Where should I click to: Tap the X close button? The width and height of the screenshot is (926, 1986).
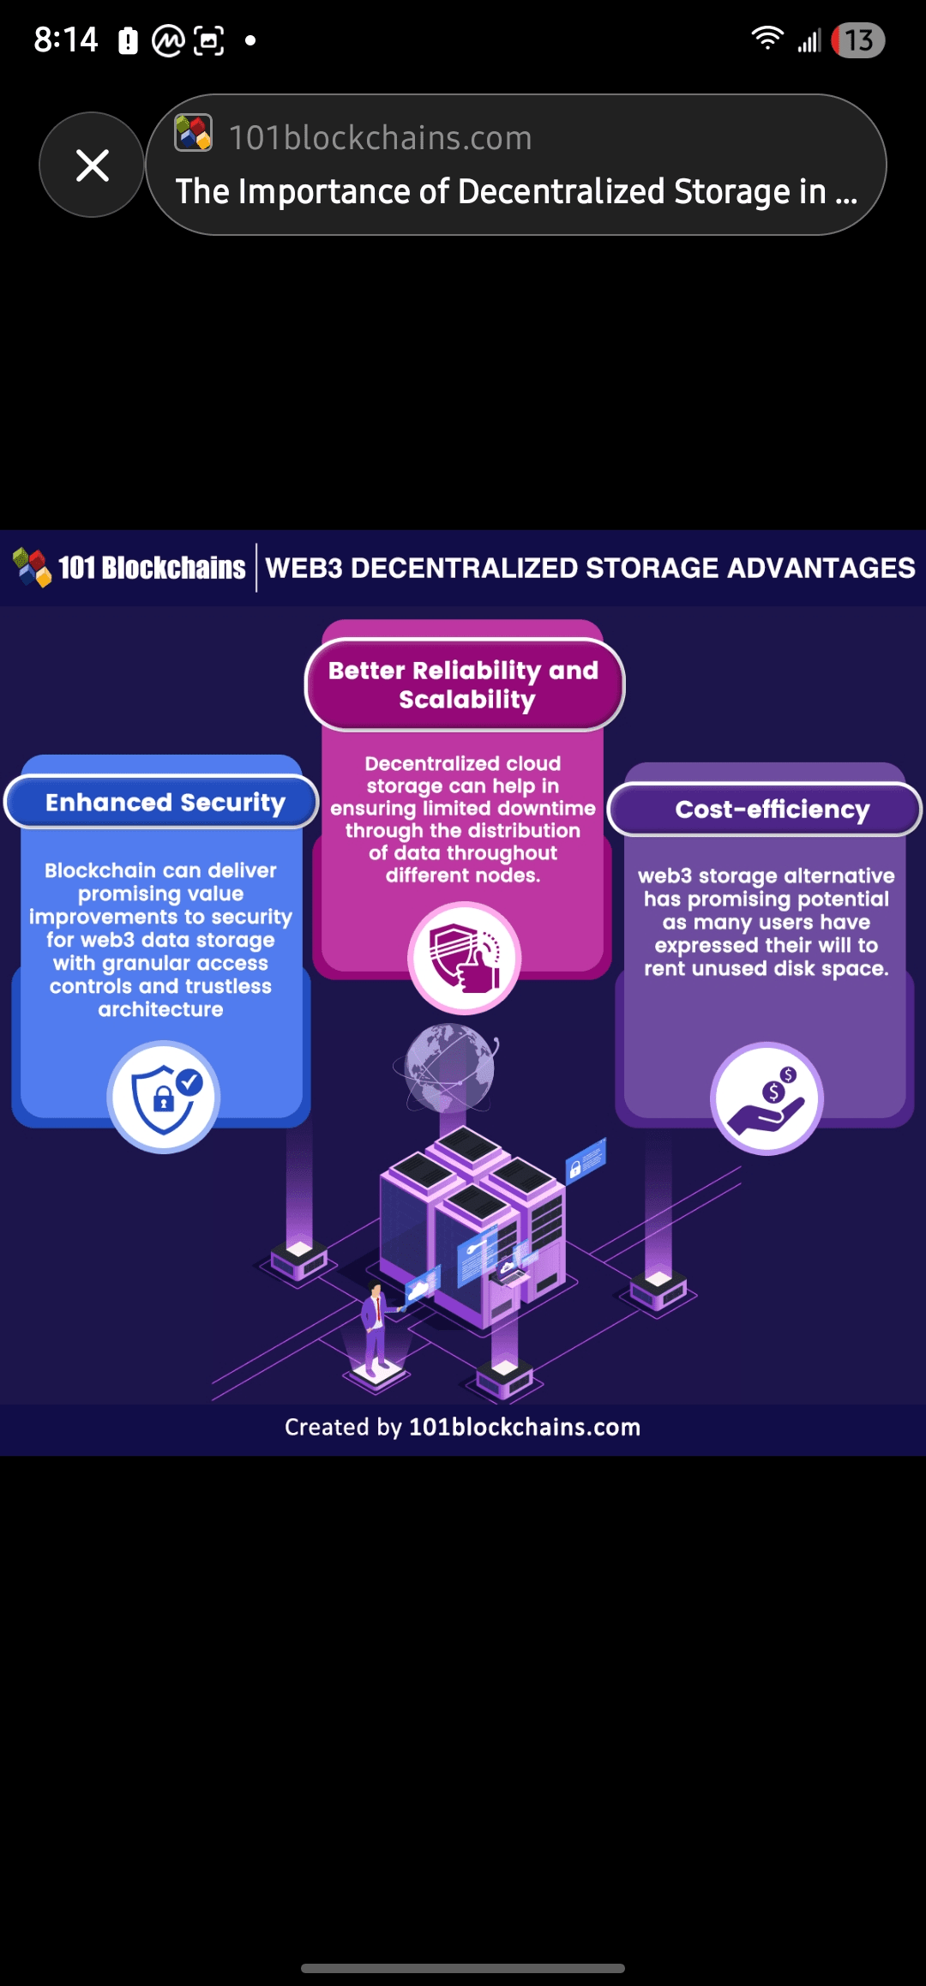[92, 165]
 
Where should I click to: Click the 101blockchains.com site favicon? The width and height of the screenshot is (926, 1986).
[193, 133]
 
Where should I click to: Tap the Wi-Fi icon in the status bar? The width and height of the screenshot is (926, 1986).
[767, 38]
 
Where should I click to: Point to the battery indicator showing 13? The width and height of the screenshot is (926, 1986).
[857, 40]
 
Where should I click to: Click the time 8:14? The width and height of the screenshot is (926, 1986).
[66, 39]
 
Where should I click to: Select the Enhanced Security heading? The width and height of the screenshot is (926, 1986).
[165, 803]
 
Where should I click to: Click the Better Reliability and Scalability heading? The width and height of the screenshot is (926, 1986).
[464, 684]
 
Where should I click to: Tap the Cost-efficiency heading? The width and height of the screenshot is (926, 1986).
[773, 809]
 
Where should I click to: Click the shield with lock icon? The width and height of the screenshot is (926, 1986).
[164, 1097]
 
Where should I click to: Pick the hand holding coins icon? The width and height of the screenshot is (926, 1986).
[767, 1098]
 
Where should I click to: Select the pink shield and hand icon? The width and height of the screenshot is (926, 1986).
[464, 958]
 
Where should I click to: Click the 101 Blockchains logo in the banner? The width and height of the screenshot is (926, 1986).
[129, 568]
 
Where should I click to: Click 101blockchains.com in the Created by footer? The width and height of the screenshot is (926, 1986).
[525, 1427]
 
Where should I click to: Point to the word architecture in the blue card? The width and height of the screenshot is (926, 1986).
[160, 1009]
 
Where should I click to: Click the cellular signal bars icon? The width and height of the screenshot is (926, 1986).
[809, 40]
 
